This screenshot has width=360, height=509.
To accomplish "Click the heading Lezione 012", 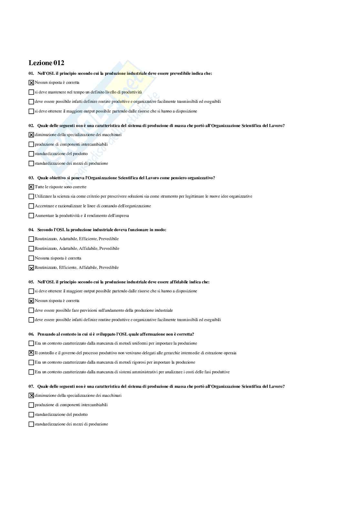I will click(46, 63).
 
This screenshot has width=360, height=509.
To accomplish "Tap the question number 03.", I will click(31, 178).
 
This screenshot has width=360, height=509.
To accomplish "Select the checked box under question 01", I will click(31, 83).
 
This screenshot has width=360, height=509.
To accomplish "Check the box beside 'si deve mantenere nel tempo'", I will click(31, 92).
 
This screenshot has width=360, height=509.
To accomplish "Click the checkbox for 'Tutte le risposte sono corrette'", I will click(31, 187).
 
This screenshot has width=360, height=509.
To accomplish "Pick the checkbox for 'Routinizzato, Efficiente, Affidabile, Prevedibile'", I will click(31, 268).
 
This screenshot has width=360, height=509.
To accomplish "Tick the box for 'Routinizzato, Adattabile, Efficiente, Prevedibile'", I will click(31, 239).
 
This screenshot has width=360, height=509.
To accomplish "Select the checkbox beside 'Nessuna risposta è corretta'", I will click(31, 258).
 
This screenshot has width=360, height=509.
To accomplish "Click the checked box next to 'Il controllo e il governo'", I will click(31, 353).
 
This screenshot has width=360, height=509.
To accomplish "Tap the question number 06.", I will click(31, 334).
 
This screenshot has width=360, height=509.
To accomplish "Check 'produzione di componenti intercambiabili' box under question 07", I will click(31, 405).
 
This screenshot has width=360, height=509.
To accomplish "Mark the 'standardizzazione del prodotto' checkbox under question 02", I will click(31, 154).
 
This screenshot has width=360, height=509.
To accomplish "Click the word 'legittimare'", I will click(195, 196).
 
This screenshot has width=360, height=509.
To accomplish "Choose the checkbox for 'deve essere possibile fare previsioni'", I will click(31, 310).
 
